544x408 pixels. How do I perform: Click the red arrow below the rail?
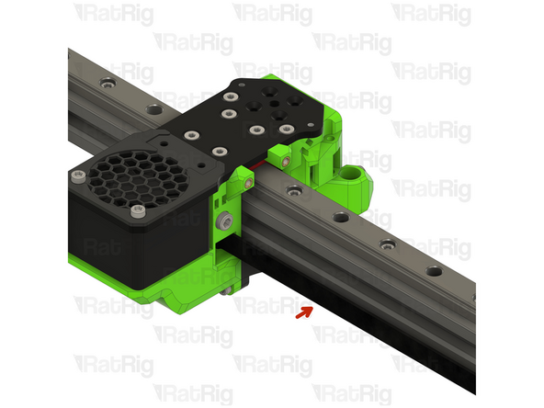(303, 312)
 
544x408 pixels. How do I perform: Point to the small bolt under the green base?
(227, 291)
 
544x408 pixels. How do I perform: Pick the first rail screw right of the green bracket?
(293, 192)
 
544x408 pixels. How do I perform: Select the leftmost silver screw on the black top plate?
(190, 136)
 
